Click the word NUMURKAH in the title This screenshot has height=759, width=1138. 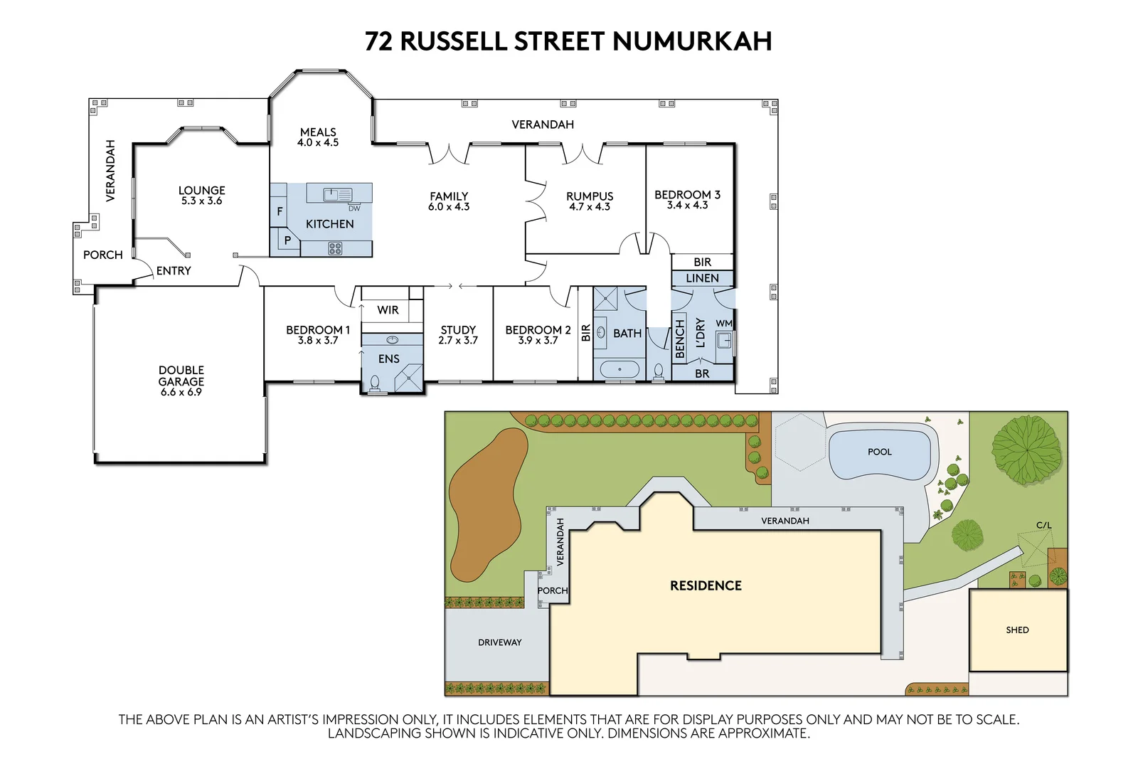[x=692, y=41]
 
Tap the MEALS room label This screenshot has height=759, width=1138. [x=318, y=137]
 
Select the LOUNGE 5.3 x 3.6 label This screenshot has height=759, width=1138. [x=201, y=195]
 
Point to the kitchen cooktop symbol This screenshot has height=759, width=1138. [x=335, y=248]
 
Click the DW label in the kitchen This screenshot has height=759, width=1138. [x=354, y=208]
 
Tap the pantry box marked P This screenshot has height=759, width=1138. [x=287, y=240]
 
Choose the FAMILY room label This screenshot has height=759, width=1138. [x=449, y=201]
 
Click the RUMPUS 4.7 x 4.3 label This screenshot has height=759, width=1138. [x=590, y=201]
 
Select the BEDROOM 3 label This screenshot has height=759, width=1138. [x=687, y=199]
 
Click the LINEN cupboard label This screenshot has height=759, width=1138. [x=702, y=278]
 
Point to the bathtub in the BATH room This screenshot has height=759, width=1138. [x=620, y=370]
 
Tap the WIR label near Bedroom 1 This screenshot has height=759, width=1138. [x=388, y=310]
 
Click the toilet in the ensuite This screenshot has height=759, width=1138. [x=375, y=384]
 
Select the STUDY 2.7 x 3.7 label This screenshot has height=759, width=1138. [x=458, y=334]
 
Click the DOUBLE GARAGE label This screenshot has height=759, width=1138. [x=181, y=381]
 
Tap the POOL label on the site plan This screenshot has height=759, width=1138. [x=880, y=452]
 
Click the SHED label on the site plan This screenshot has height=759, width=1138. [x=1017, y=630]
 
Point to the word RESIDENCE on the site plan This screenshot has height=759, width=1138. [x=706, y=585]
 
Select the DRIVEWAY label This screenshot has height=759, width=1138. [x=499, y=642]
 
